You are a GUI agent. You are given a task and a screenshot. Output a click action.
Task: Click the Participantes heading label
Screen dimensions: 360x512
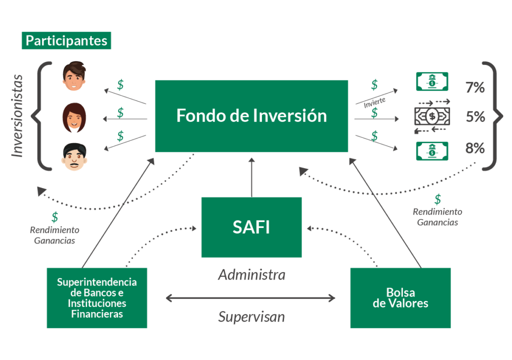(66, 40)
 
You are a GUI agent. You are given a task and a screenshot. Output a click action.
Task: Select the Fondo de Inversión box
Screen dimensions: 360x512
(251, 116)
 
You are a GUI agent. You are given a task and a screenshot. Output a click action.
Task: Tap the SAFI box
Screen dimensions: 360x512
(251, 227)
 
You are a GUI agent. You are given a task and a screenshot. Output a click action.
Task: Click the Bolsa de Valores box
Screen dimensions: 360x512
(400, 297)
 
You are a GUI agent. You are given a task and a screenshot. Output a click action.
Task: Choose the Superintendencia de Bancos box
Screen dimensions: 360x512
(96, 297)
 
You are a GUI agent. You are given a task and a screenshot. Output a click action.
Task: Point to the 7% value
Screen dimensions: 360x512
(474, 87)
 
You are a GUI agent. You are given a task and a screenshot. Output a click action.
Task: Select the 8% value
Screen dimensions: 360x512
(474, 148)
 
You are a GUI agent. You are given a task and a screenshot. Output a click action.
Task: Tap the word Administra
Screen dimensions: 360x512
(251, 274)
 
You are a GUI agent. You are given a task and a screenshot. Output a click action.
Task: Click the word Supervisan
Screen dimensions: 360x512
(251, 316)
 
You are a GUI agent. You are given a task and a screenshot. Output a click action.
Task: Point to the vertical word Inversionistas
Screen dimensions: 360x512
(18, 116)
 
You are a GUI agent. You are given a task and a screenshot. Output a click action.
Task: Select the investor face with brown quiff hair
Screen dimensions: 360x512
(74, 76)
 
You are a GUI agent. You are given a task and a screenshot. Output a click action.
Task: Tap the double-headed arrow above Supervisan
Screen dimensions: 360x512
(250, 298)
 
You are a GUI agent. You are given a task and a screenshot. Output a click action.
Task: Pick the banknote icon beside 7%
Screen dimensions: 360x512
(432, 81)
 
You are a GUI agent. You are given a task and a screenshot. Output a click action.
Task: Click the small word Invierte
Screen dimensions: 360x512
(374, 103)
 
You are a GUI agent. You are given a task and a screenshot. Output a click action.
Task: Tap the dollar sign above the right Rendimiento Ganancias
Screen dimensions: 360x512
(437, 199)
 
